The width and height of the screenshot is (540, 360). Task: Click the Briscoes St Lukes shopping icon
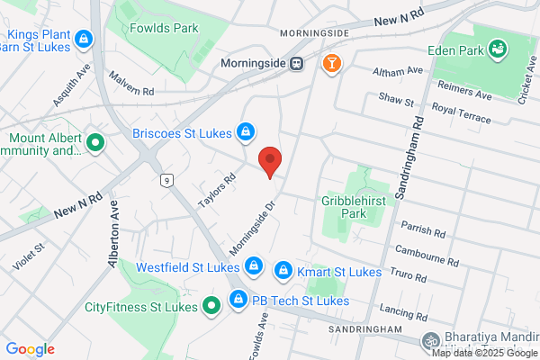[x=245, y=133]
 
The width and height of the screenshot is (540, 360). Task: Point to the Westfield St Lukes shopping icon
[x=254, y=266]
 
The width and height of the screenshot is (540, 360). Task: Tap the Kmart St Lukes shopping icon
[x=283, y=270]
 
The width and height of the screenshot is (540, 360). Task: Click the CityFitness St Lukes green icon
[x=211, y=307]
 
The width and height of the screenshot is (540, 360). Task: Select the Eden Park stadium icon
[x=497, y=47]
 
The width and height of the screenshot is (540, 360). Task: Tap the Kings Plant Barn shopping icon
[x=84, y=39]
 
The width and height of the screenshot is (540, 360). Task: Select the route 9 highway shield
[x=166, y=181]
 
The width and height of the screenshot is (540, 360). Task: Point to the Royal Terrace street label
[x=462, y=112]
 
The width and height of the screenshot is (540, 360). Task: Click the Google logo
[x=30, y=349]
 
